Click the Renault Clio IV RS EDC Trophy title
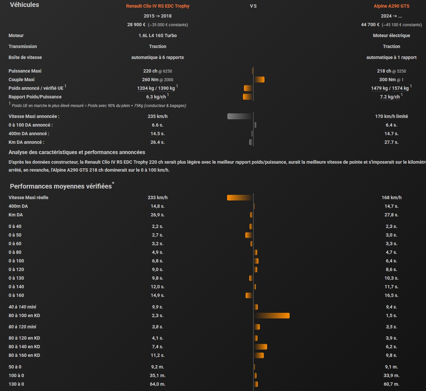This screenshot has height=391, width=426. click(158, 6)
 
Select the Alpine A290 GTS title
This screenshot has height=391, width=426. click(391, 6)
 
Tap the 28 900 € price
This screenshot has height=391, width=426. click(136, 25)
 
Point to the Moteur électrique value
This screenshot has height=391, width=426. click(391, 35)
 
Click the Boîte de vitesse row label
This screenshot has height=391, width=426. click(25, 57)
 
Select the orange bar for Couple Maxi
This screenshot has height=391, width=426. click(259, 80)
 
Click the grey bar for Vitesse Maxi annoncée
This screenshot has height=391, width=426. click(240, 116)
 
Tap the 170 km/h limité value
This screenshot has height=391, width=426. click(391, 116)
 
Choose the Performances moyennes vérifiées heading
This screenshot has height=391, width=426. click(61, 186)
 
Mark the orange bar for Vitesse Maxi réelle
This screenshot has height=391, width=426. click(240, 197)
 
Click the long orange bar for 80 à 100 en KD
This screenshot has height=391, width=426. click(272, 315)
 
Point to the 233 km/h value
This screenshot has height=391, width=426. click(158, 197)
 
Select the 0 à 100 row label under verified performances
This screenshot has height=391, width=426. click(16, 261)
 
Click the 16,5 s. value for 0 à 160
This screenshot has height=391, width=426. click(391, 295)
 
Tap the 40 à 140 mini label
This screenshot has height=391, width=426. click(22, 307)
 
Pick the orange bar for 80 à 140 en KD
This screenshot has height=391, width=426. click(260, 347)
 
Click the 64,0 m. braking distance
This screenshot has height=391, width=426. click(158, 384)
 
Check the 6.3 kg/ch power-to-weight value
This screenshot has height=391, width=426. click(156, 97)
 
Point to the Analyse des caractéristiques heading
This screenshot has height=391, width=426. click(77, 152)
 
